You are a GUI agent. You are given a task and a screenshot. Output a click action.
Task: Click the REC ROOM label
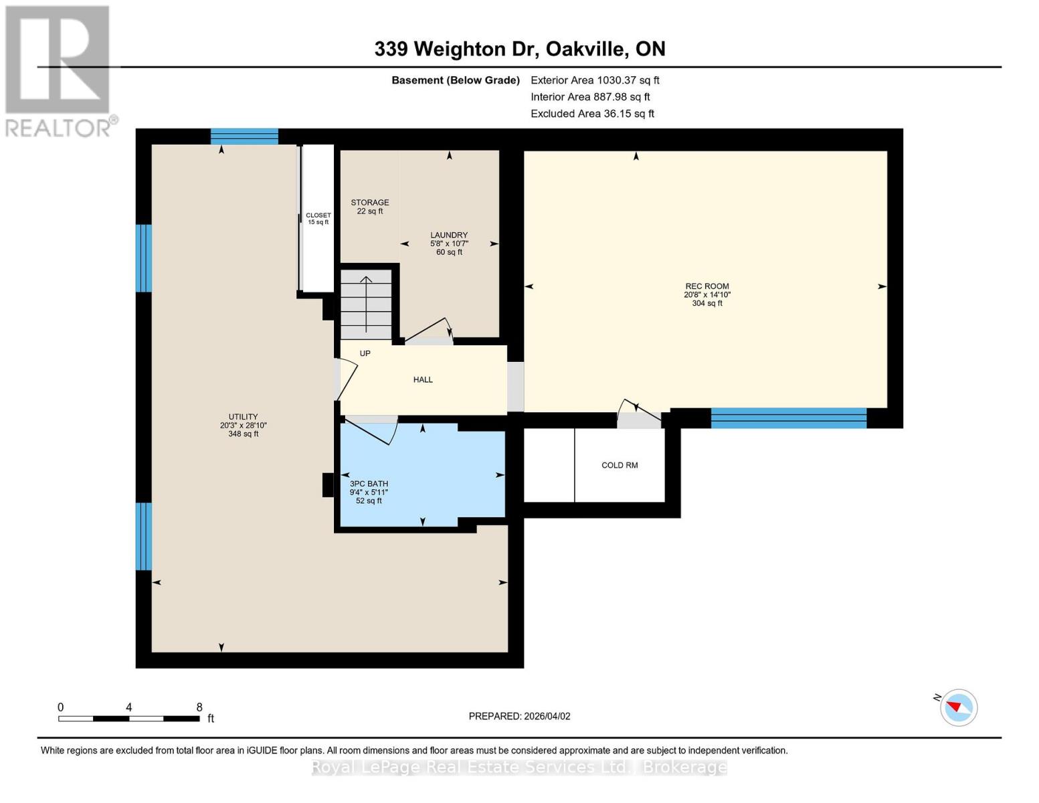coord(706,286)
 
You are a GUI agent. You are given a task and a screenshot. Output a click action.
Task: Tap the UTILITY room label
coord(243,417)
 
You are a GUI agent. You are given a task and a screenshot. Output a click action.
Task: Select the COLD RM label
coord(620,465)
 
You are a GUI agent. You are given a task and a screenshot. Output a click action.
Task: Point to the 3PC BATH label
coord(369,484)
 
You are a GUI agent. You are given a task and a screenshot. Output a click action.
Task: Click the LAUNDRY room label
coord(449,235)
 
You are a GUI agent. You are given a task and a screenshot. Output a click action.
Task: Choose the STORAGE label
coord(370,203)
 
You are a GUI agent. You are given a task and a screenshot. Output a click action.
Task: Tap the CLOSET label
coord(318,215)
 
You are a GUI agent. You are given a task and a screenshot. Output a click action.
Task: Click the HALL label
coord(423,379)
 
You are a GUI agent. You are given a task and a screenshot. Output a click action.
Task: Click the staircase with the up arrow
coord(366,304)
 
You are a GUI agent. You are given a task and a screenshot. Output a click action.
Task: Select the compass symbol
coord(958,707)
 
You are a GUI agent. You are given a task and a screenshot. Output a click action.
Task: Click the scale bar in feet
coord(129,718)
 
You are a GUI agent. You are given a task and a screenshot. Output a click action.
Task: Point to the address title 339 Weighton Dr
coord(519,49)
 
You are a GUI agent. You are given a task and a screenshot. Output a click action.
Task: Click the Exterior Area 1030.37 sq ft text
coord(595,80)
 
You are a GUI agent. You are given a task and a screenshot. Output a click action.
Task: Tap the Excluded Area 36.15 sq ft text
coord(592,114)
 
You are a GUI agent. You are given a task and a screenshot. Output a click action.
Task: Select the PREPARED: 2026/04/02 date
coord(519,716)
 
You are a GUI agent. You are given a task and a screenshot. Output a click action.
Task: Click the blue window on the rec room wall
coord(788,418)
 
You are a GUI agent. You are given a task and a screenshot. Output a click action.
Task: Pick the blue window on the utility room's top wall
coord(244,137)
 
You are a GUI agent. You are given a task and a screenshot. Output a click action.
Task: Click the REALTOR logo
coord(59,70)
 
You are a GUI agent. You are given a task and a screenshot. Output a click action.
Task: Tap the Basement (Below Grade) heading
coord(455,80)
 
